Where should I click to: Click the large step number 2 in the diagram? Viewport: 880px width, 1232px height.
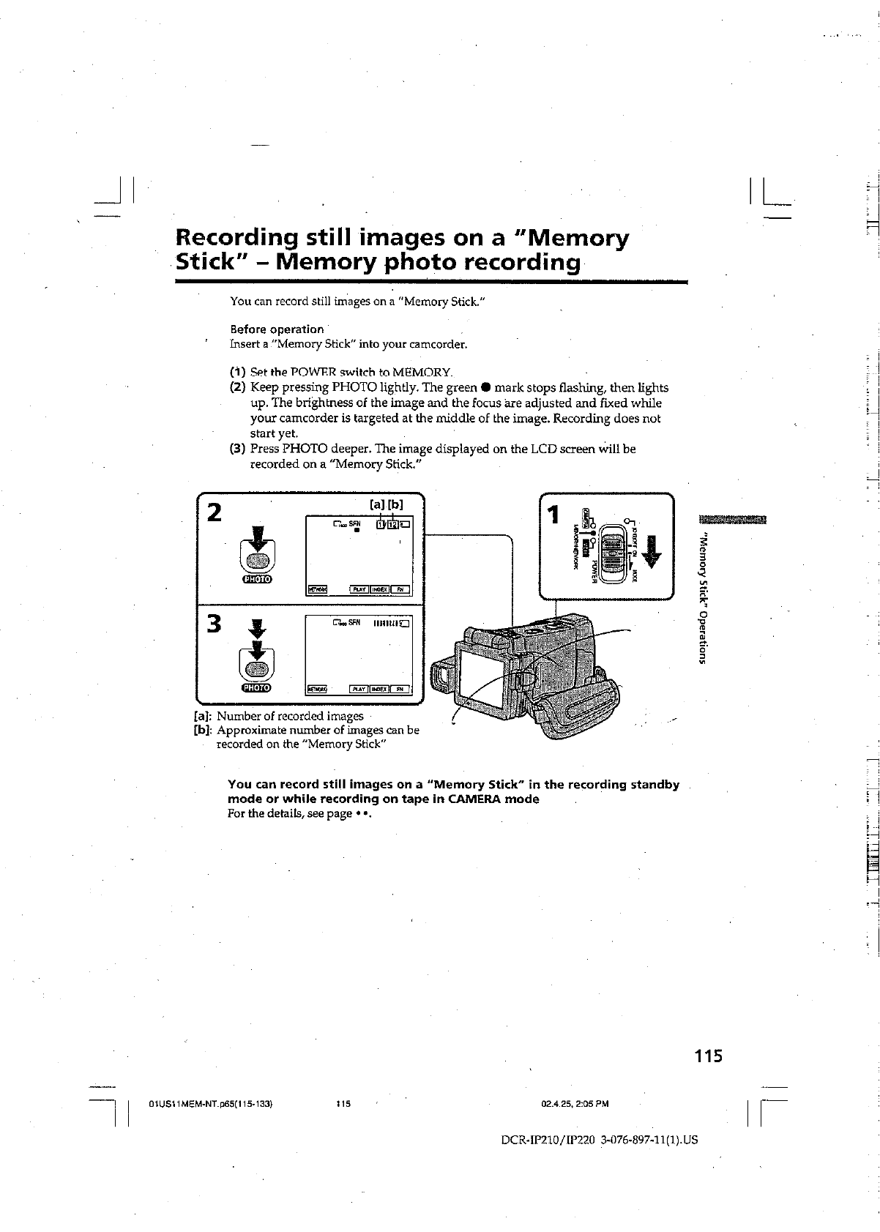pyautogui.click(x=213, y=512)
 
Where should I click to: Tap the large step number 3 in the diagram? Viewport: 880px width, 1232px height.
pyautogui.click(x=214, y=624)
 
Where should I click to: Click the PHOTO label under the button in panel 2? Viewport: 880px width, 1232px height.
pyautogui.click(x=256, y=580)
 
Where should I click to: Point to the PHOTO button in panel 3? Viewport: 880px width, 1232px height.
pyautogui.click(x=256, y=668)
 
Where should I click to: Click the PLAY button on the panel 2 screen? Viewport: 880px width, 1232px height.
pyautogui.click(x=359, y=589)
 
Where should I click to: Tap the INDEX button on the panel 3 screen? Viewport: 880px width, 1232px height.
pyautogui.click(x=379, y=689)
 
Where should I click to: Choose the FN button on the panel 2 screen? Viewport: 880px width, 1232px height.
pyautogui.click(x=399, y=589)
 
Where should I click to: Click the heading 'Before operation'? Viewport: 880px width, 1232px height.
pyautogui.click(x=277, y=329)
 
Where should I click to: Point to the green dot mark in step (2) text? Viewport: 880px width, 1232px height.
pyautogui.click(x=484, y=387)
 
